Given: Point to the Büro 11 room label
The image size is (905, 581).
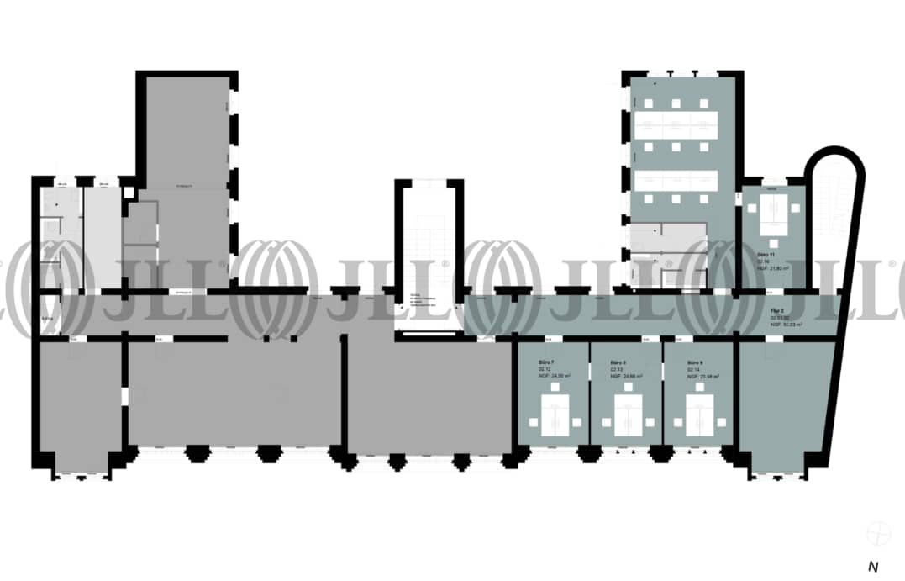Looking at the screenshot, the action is [766, 254].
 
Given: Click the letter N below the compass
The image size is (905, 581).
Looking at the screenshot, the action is [872, 567].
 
